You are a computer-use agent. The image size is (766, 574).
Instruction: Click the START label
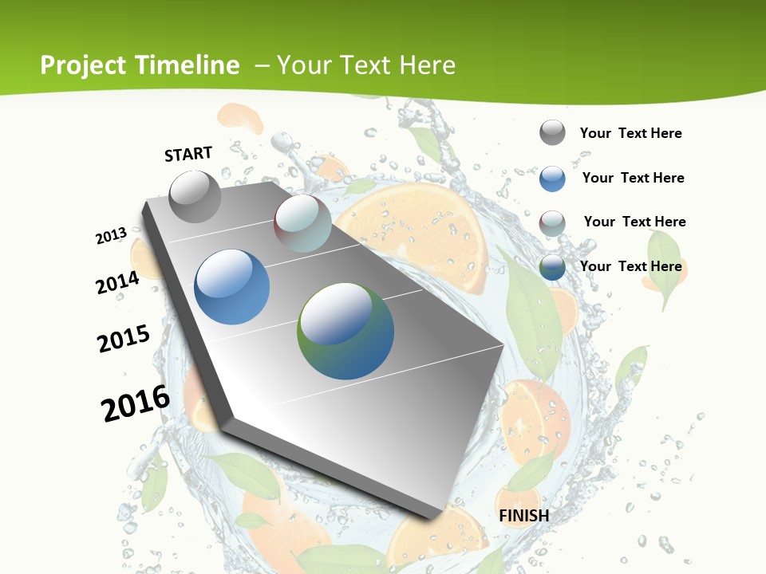click(x=188, y=154)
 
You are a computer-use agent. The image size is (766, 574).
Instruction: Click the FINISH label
click(x=523, y=516)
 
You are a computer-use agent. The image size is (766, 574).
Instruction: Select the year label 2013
click(x=112, y=235)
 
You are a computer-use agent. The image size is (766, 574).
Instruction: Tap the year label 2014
click(x=118, y=282)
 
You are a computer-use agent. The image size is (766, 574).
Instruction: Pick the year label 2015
click(x=124, y=339)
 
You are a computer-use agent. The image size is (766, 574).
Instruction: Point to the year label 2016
click(x=136, y=403)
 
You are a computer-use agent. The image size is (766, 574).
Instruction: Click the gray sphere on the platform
click(x=195, y=196)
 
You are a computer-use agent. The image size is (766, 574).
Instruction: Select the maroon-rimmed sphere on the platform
click(x=302, y=223)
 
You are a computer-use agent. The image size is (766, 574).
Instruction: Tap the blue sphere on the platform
click(x=232, y=287)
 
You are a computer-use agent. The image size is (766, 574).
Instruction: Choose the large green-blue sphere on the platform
click(x=345, y=331)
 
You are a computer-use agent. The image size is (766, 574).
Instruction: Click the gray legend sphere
click(x=552, y=132)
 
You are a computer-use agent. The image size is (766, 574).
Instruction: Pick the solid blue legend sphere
click(x=552, y=179)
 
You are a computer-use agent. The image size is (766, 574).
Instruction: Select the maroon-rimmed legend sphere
click(x=552, y=223)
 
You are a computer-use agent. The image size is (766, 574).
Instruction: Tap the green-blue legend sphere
click(x=552, y=267)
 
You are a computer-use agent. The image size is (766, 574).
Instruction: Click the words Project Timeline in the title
click(x=140, y=65)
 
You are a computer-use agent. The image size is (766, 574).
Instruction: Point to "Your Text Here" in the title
click(x=365, y=65)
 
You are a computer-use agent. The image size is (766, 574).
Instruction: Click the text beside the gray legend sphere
click(x=630, y=133)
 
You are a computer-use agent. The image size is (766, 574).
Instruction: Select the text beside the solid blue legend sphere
click(x=633, y=178)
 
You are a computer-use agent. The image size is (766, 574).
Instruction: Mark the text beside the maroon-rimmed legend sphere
click(x=634, y=222)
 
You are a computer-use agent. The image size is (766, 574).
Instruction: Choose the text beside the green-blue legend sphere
click(x=630, y=266)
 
